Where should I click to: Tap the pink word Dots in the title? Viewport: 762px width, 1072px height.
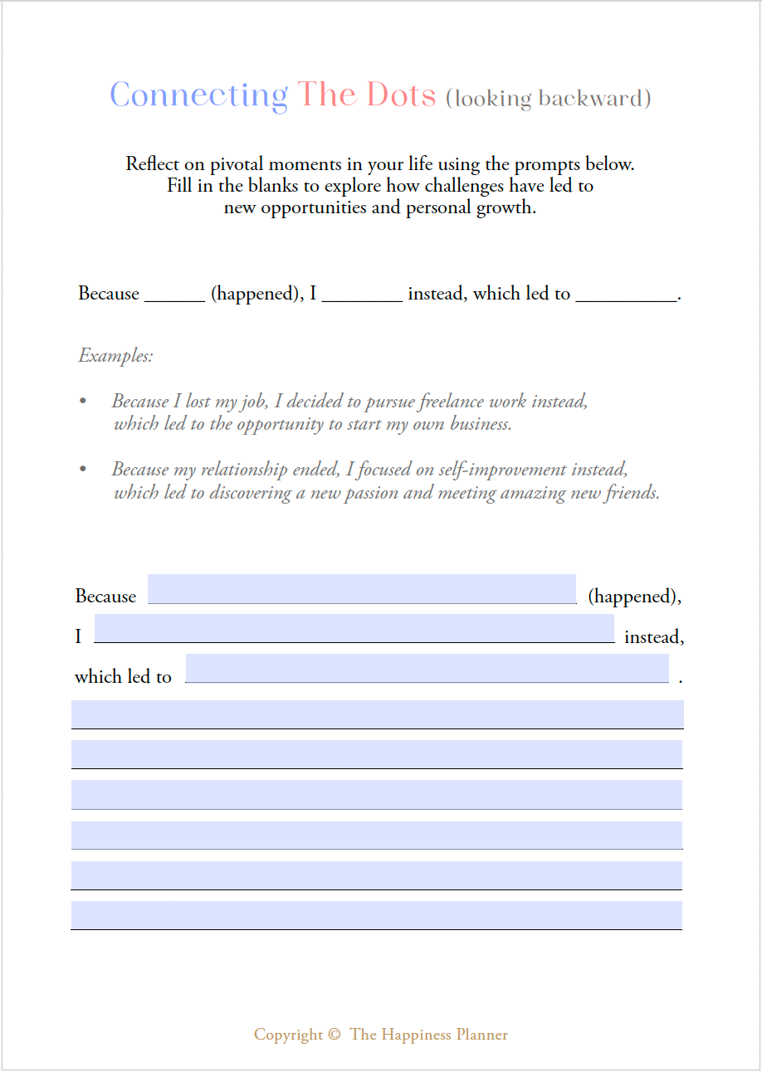(401, 95)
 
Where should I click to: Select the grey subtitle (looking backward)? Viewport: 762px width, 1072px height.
(548, 99)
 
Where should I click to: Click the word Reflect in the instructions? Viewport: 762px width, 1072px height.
(153, 163)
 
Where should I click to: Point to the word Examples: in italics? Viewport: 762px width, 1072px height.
(115, 356)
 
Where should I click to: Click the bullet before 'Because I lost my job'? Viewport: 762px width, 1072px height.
(82, 402)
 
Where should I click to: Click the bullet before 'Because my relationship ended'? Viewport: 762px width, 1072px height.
(82, 470)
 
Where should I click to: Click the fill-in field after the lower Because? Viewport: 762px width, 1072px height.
(362, 589)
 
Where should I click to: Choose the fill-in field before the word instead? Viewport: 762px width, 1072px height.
(354, 629)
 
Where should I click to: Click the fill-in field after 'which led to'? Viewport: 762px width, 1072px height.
(427, 669)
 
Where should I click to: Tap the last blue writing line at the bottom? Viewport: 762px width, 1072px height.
(377, 915)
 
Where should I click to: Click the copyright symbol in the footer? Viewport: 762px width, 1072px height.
(335, 1035)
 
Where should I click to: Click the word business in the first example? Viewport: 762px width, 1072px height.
(480, 424)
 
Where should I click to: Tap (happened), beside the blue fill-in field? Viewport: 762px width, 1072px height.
(634, 596)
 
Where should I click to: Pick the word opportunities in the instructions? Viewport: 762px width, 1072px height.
(313, 207)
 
